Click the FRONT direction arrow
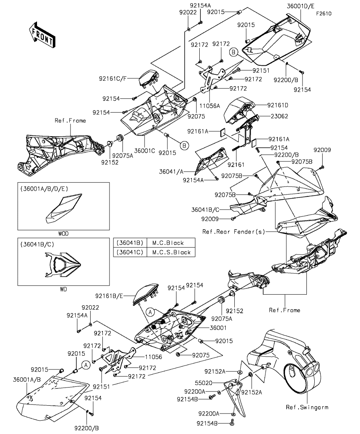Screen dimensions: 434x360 click(42, 35)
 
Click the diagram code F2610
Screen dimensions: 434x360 click(323, 13)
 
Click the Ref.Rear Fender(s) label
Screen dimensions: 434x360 click(234, 232)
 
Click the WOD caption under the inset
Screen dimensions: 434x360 click(63, 233)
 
